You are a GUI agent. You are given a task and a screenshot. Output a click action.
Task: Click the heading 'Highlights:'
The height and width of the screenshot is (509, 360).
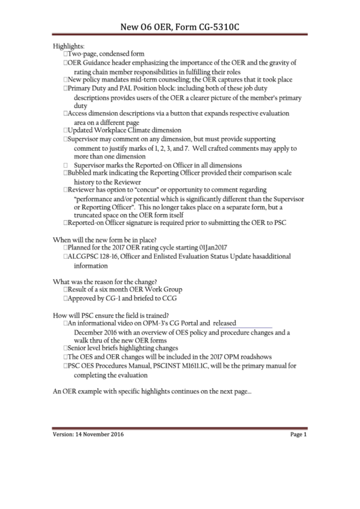69,46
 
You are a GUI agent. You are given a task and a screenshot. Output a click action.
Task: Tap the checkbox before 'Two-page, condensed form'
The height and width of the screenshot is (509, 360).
65,54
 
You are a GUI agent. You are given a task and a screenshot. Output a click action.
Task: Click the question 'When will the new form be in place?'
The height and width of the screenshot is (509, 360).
105,240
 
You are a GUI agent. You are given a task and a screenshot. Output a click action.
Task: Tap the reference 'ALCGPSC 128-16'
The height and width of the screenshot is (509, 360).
92,257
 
